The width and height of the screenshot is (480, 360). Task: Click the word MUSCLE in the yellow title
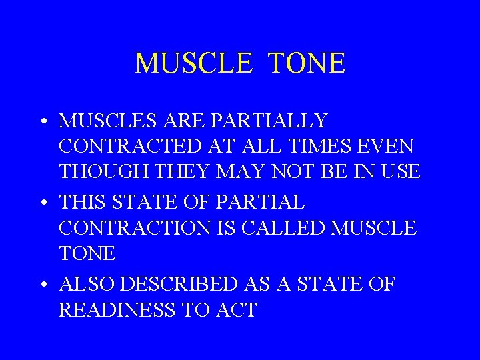click(x=193, y=64)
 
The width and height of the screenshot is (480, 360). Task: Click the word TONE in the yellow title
click(x=307, y=64)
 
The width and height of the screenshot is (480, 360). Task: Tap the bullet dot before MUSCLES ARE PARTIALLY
click(x=42, y=122)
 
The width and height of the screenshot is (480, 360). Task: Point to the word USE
click(x=401, y=171)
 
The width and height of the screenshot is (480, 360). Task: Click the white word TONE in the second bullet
click(x=87, y=253)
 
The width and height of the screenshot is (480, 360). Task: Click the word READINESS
click(x=118, y=310)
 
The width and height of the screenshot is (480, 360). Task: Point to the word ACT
click(x=236, y=310)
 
